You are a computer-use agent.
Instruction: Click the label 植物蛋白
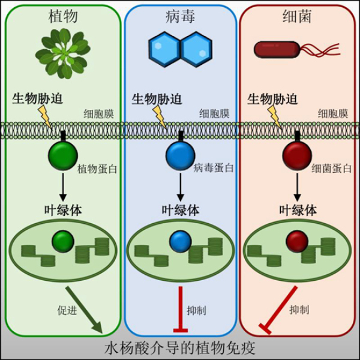pyautogui.click(x=97, y=168)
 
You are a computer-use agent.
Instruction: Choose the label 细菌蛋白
pyautogui.click(x=331, y=168)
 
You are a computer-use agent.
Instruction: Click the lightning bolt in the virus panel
pyautogui.click(x=160, y=115)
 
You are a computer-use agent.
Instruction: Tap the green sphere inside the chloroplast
pyautogui.click(x=62, y=241)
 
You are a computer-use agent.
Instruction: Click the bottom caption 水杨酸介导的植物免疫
pyautogui.click(x=180, y=348)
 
